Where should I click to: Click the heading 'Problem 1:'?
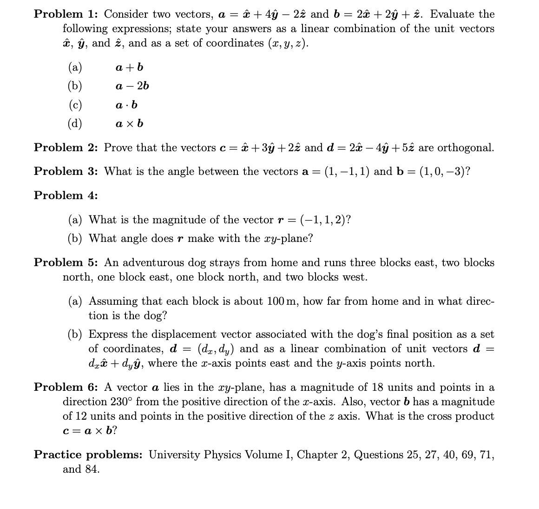coord(66,14)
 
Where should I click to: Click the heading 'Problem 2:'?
coord(66,147)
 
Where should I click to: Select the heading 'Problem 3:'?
coord(66,171)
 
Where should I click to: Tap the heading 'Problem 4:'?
coord(66,195)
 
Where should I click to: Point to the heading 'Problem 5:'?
coord(66,262)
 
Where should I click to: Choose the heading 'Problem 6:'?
coord(66,387)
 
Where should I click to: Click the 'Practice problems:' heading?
coord(88,455)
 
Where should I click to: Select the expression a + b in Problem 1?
coord(129,67)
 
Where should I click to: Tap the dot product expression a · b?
coord(126,105)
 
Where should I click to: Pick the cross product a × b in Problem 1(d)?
coord(129,124)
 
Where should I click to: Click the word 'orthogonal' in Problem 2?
coord(465,148)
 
